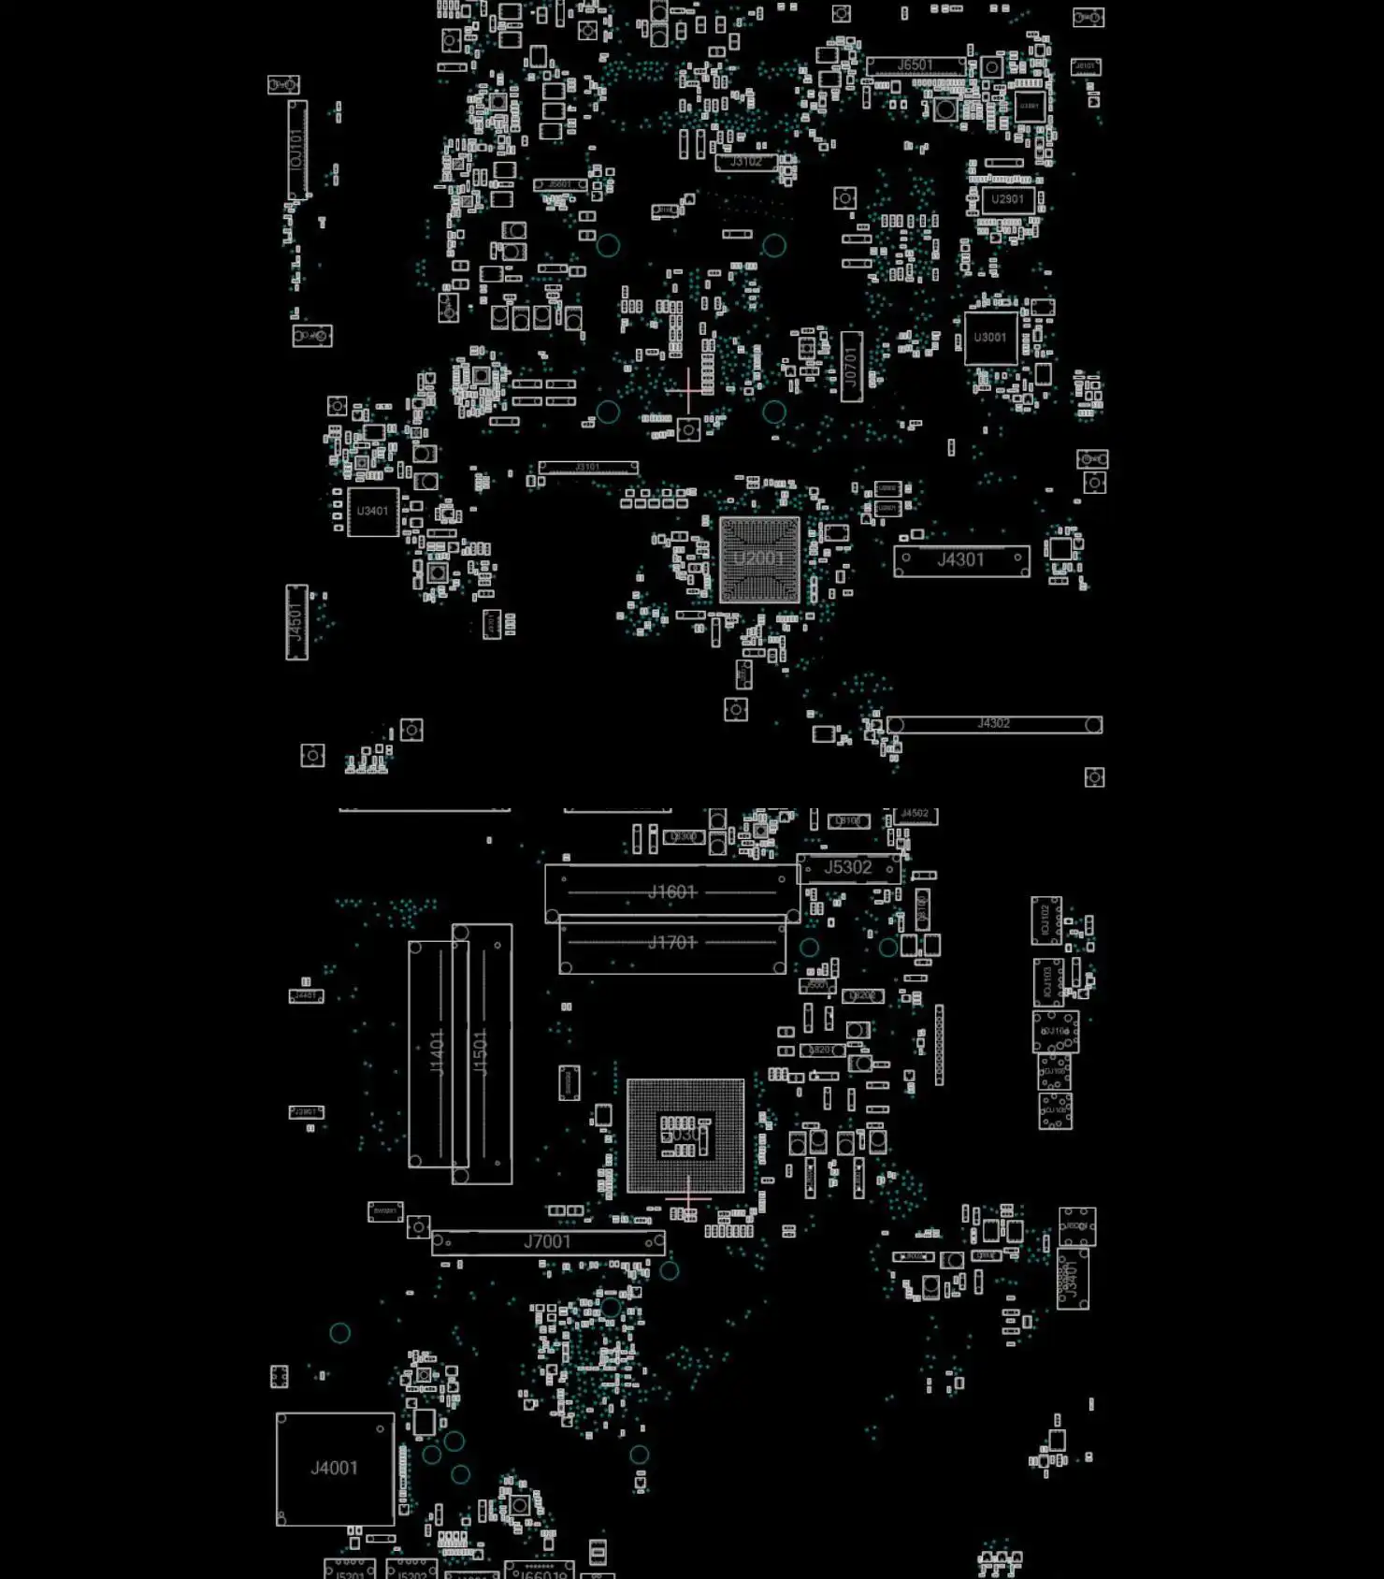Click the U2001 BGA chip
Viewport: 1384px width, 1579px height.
(x=759, y=559)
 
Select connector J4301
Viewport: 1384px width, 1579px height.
(x=961, y=560)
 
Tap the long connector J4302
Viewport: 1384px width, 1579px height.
(x=994, y=724)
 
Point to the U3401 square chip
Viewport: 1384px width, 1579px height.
(x=372, y=512)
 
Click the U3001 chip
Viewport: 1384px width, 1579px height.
(x=990, y=338)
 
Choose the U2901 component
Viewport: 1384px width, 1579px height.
(x=1007, y=199)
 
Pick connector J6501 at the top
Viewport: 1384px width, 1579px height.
(x=915, y=65)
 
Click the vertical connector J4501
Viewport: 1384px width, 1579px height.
(x=296, y=622)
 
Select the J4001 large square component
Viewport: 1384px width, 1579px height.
(x=335, y=1469)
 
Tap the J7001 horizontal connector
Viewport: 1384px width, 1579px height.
(x=548, y=1242)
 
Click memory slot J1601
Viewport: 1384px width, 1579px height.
(x=672, y=892)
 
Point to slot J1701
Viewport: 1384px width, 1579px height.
(x=672, y=943)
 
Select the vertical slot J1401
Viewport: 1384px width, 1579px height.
(x=437, y=1052)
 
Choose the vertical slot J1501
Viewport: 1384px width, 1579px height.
(x=482, y=1052)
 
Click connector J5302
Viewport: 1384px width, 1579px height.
(x=848, y=868)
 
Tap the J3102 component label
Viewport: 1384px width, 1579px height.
(x=746, y=162)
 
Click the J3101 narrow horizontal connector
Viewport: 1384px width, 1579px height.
(x=588, y=467)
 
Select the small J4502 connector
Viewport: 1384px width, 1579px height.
(x=915, y=815)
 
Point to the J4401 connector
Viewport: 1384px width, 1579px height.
(x=1073, y=1279)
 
